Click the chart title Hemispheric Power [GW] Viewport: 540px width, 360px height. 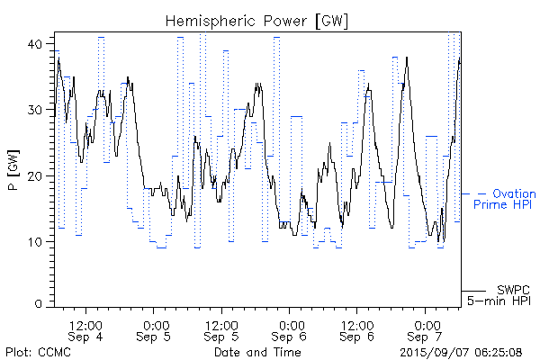click(x=257, y=21)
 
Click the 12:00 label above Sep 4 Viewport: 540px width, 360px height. click(x=86, y=324)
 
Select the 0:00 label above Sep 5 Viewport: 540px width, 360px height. click(x=155, y=324)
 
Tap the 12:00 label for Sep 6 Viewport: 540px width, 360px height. click(x=357, y=324)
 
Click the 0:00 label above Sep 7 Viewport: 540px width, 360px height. click(x=426, y=324)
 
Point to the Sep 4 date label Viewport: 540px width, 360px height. click(x=86, y=337)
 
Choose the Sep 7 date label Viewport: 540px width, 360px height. click(x=426, y=337)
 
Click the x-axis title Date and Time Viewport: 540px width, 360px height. click(x=257, y=351)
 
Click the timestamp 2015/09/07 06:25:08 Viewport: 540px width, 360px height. click(x=462, y=351)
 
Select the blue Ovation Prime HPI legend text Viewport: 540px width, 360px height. click(x=504, y=200)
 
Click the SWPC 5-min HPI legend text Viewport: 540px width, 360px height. click(x=499, y=294)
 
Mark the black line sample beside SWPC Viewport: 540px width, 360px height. click(x=472, y=290)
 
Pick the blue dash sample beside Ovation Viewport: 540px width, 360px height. click(x=473, y=193)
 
